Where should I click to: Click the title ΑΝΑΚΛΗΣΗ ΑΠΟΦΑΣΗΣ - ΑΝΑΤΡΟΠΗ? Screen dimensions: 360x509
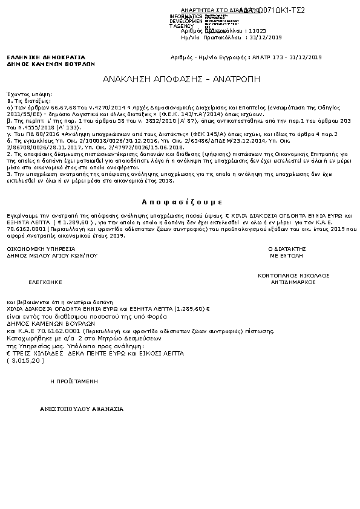(x=181, y=79)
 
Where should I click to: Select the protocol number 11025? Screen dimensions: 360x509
(x=258, y=30)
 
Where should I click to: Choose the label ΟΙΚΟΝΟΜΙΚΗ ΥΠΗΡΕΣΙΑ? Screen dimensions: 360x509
(x=41, y=249)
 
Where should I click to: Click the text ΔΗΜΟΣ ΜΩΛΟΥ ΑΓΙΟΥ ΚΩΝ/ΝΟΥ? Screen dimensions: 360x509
(x=52, y=256)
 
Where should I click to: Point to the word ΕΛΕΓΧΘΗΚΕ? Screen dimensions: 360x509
(x=46, y=282)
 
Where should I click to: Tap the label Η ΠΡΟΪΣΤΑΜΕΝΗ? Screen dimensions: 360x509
(x=74, y=382)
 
